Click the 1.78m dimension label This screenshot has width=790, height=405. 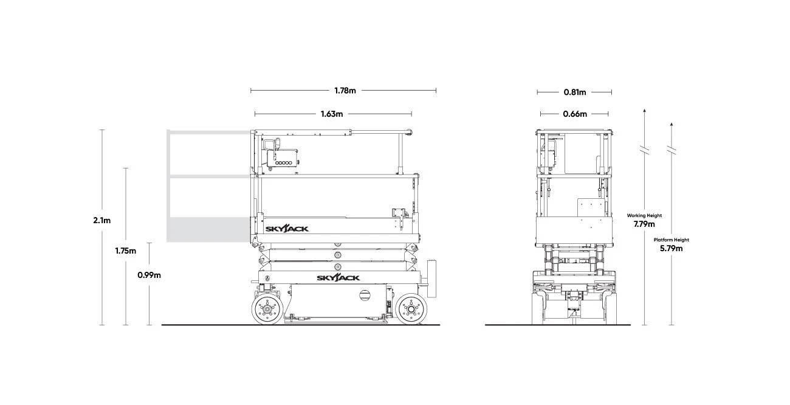coord(345,91)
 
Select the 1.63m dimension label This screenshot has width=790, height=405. coord(332,114)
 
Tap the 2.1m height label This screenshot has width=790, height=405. coord(102,221)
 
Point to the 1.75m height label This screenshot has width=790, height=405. coord(126,251)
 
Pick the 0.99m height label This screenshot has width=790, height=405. coord(149,275)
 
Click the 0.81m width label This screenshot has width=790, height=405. coord(575,92)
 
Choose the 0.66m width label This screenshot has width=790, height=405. coord(575,114)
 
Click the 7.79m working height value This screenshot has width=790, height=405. coord(644,224)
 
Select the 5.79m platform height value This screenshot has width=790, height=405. coord(671,248)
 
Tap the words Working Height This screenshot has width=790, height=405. coord(644,215)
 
